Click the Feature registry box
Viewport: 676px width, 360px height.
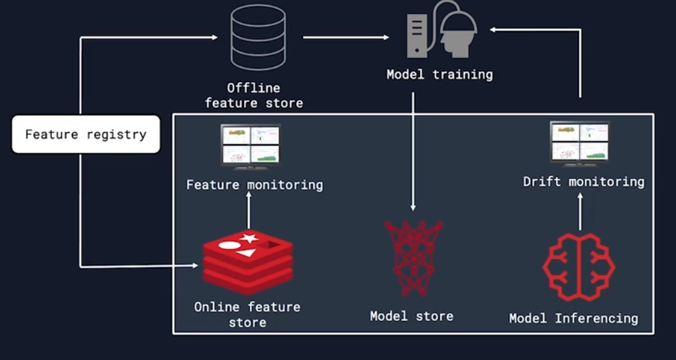click(86, 134)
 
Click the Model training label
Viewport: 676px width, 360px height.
click(440, 74)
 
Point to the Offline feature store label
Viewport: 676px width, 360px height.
click(254, 95)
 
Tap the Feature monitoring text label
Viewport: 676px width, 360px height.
click(254, 185)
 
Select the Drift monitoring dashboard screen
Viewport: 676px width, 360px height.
click(580, 142)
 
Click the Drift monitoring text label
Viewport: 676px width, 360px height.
click(583, 182)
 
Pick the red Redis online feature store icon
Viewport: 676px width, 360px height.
click(248, 262)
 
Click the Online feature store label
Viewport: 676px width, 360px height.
click(247, 314)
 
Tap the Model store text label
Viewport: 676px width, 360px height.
click(412, 316)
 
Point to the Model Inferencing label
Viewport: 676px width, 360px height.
click(574, 319)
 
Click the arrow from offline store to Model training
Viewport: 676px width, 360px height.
click(346, 37)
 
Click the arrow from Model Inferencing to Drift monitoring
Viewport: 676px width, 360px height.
click(580, 212)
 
